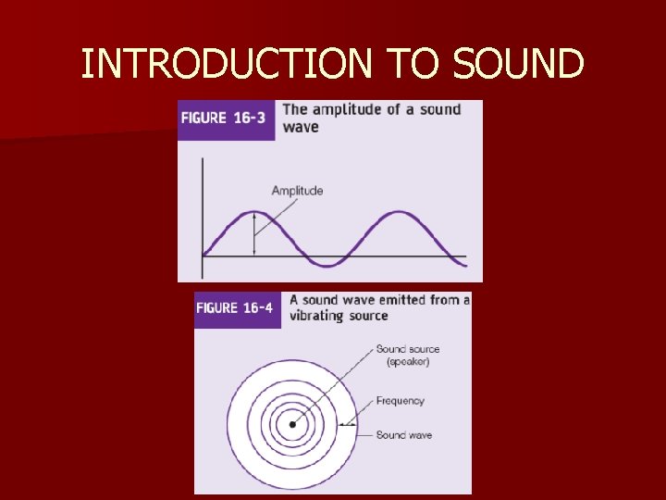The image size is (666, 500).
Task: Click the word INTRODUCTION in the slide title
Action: (227, 64)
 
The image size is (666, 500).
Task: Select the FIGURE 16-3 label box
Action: (227, 119)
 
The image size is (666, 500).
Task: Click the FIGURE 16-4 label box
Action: (238, 308)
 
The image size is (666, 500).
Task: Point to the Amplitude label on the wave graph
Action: (297, 191)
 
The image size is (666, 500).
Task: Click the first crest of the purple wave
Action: (254, 213)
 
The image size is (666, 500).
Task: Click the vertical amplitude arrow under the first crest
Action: (254, 235)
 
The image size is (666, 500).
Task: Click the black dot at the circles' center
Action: (292, 425)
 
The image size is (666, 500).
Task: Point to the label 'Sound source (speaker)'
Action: (407, 356)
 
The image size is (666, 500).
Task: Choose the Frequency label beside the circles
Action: (400, 401)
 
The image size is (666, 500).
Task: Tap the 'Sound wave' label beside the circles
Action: (403, 435)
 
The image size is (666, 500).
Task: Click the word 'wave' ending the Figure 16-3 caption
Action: (300, 127)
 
